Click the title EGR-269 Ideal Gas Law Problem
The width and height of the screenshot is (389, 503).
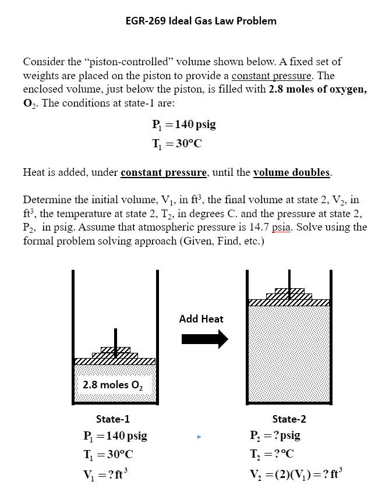pos(201,21)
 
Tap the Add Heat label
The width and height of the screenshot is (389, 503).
pos(201,318)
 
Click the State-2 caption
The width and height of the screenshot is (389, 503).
pos(289,419)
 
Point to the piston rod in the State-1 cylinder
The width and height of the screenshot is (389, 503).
pos(115,336)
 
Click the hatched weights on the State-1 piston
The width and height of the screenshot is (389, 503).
pos(115,353)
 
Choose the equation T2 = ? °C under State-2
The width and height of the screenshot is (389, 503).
pos(274,453)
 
